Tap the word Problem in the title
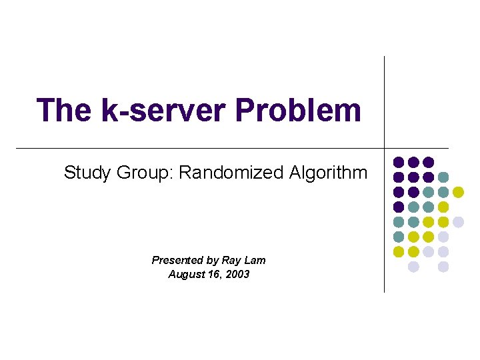point(298,110)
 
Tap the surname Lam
point(256,261)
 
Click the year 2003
point(237,274)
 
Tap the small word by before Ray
point(215,261)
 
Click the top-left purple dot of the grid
point(399,162)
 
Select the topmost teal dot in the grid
point(443,177)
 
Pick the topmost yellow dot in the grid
point(458,192)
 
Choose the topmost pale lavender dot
point(458,222)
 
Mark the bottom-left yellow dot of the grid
point(399,252)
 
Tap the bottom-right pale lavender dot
point(443,267)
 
